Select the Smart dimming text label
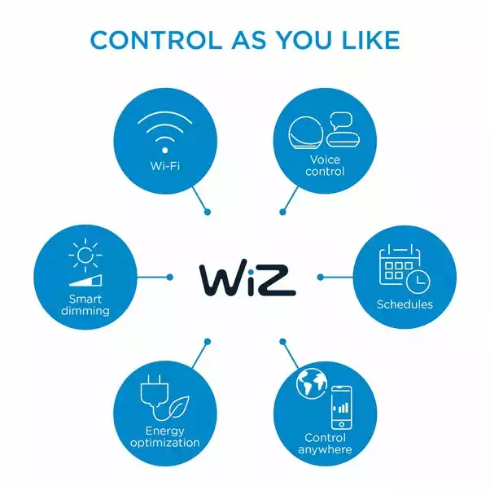(85, 305)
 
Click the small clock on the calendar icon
(419, 282)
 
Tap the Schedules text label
(405, 305)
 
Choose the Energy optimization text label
(164, 437)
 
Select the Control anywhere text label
(325, 444)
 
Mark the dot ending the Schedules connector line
(320, 278)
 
